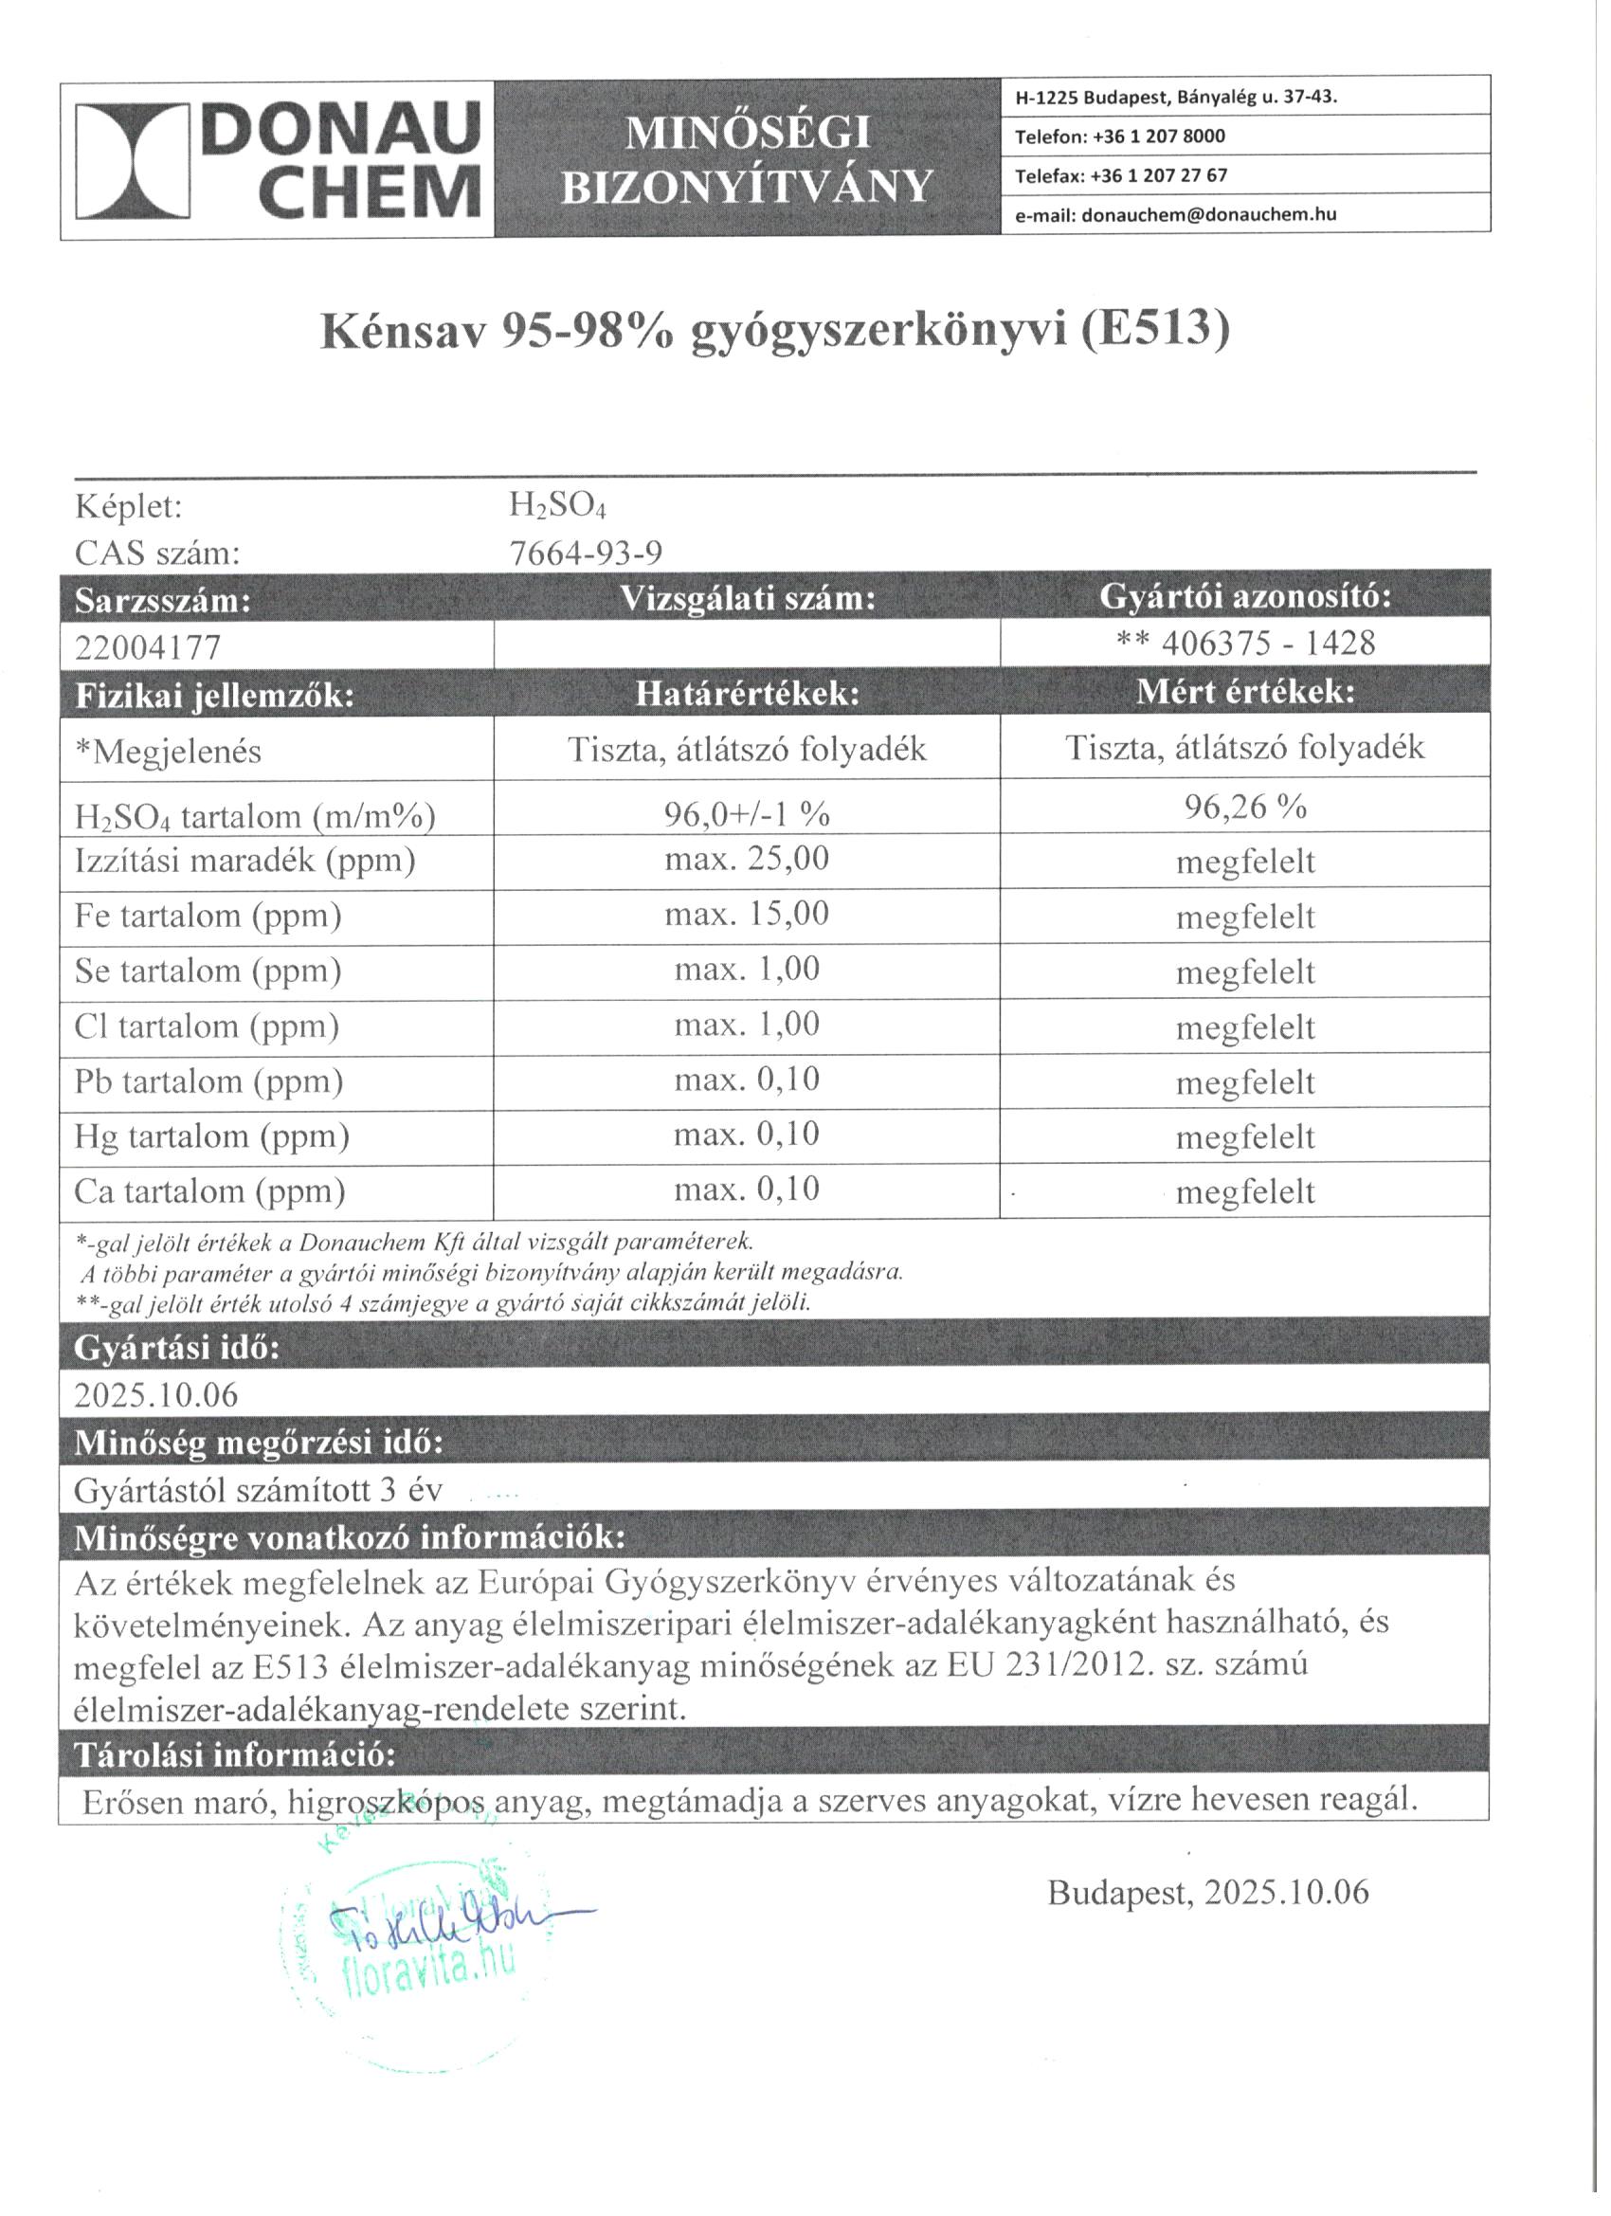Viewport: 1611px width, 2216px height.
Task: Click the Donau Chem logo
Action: point(279,160)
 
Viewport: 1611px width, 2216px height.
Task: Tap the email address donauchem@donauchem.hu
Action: point(1204,215)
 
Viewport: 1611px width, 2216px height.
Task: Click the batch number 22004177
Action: point(148,646)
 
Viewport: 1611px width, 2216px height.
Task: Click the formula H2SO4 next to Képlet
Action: point(558,506)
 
